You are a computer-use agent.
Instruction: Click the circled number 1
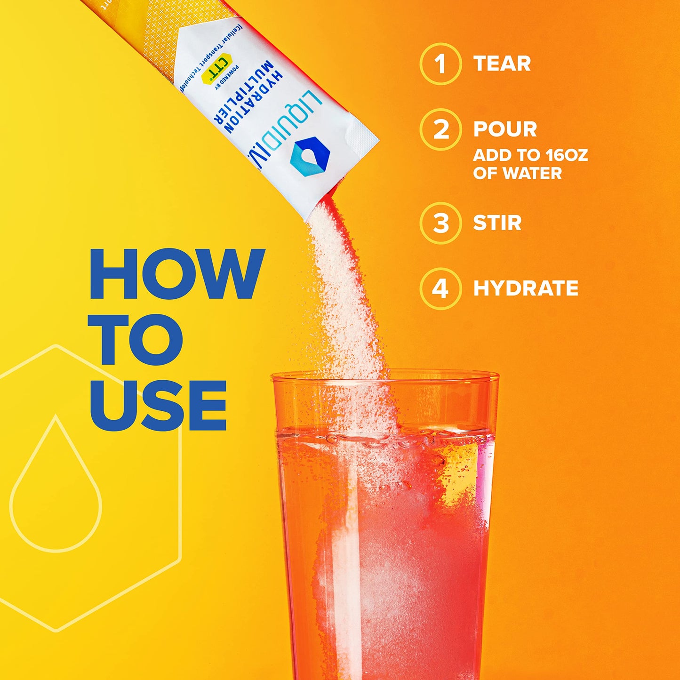coord(440,64)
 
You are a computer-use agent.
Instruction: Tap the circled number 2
coord(440,129)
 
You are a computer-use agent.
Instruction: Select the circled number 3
coord(440,223)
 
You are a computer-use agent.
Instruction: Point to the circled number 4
coord(440,288)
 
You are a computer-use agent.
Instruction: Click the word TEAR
coord(502,64)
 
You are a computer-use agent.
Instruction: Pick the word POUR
coord(505,129)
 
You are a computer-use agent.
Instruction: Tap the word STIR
coord(497,223)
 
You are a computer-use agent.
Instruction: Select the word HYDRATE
coord(526,288)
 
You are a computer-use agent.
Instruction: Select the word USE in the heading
coord(158,406)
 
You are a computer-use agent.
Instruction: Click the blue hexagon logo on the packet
coord(310,155)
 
